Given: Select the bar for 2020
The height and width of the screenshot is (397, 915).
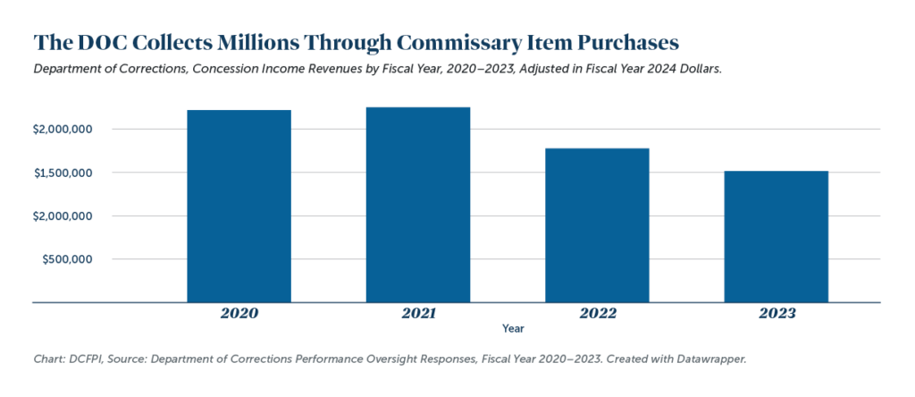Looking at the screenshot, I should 239,207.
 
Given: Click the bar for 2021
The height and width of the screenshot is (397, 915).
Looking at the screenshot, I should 418,205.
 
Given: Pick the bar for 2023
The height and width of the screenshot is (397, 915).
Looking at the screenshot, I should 776,237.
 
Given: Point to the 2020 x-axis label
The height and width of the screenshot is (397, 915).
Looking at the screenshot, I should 239,314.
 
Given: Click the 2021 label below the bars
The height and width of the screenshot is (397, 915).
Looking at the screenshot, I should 418,314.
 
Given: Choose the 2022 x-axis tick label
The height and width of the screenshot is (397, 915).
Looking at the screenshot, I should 597,314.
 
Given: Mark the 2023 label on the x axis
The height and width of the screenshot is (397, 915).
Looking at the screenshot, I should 776,314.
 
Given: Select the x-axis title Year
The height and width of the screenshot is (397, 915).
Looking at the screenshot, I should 513,329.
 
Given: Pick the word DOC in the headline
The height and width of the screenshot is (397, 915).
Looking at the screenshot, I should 100,42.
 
